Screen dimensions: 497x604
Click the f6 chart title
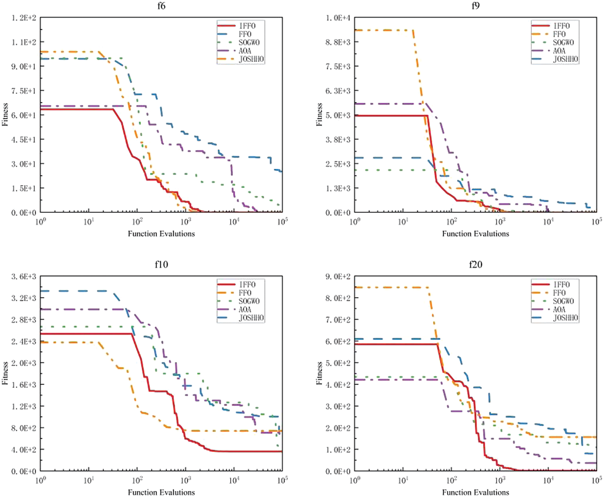click(x=161, y=6)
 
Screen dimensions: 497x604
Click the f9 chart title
click(x=475, y=6)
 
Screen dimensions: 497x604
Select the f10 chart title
click(x=161, y=264)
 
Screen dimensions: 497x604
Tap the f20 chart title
click(x=475, y=264)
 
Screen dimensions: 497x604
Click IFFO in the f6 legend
click(x=247, y=26)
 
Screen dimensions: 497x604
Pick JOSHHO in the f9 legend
click(x=566, y=59)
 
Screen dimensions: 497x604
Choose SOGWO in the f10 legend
click(x=249, y=301)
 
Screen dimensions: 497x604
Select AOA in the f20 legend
click(x=559, y=309)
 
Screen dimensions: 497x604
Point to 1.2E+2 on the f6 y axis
click(x=24, y=18)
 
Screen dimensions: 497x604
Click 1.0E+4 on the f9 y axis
click(x=338, y=18)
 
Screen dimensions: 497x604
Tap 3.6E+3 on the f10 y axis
click(x=24, y=276)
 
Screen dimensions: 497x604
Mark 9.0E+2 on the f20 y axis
click(x=338, y=276)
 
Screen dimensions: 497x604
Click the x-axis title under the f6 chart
click(x=161, y=234)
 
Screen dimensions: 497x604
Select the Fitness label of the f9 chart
click(x=319, y=115)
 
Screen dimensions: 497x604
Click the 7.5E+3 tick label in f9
click(x=338, y=66)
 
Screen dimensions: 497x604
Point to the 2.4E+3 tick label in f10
click(x=24, y=342)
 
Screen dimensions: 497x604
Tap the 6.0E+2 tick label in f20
click(x=338, y=342)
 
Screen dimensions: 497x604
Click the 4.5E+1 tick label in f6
click(x=24, y=140)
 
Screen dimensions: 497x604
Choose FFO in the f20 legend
click(x=559, y=293)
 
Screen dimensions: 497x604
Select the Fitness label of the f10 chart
click(x=5, y=373)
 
